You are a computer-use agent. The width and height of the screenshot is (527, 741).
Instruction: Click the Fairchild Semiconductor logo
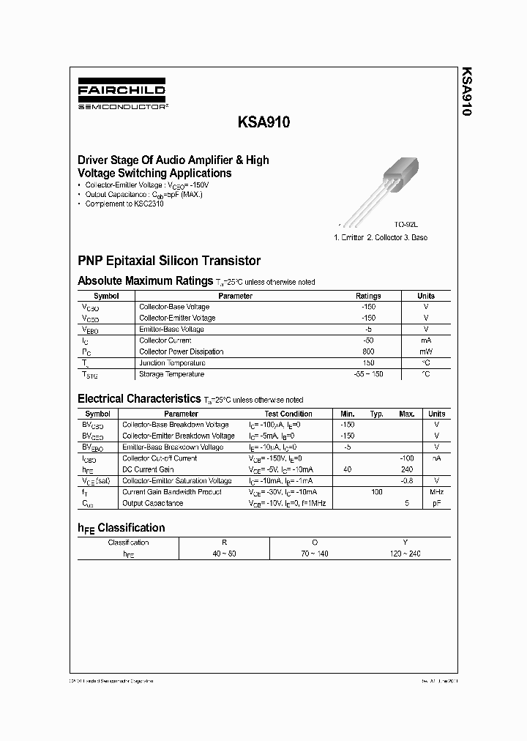click(122, 96)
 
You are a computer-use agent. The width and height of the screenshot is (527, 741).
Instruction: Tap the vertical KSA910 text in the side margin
click(467, 92)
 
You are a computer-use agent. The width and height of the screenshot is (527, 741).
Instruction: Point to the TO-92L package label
click(406, 226)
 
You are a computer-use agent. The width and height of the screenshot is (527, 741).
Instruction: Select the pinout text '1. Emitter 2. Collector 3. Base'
click(380, 237)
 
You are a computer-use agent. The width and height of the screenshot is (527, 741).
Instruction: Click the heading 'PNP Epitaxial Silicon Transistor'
click(169, 261)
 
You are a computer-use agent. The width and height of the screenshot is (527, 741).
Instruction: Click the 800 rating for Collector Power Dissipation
click(368, 351)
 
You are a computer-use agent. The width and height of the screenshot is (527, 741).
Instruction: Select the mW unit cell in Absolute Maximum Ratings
click(425, 351)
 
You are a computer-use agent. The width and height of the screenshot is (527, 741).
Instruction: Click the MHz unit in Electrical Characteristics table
click(436, 492)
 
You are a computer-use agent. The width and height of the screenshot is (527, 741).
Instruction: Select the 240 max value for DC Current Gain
click(407, 469)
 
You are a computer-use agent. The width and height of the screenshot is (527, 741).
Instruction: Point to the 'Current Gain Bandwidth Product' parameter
click(171, 492)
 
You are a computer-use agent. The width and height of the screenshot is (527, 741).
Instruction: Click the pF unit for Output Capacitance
click(436, 504)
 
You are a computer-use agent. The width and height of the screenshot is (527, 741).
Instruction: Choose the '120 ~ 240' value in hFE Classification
click(405, 554)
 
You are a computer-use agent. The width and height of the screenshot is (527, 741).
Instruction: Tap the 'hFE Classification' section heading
click(122, 528)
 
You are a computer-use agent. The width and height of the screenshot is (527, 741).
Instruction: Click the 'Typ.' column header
click(376, 414)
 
